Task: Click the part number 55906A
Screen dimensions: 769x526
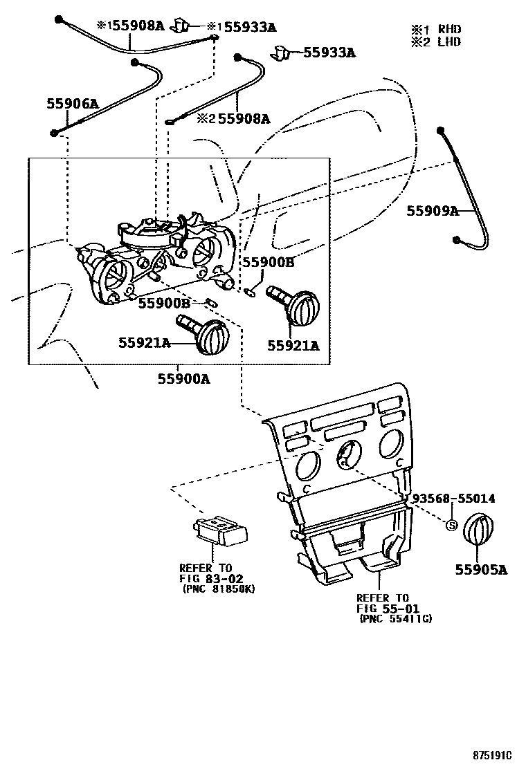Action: pos(73,104)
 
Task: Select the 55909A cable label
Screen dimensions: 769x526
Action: pos(433,210)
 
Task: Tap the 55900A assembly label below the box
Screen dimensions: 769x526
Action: pos(183,379)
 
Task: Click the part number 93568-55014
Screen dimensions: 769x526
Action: pos(453,498)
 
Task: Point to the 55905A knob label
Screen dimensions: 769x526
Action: pos(481,570)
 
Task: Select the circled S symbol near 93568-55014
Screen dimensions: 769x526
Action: pos(451,525)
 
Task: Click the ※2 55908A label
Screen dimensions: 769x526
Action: pos(233,119)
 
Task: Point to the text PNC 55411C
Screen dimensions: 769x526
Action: pos(395,619)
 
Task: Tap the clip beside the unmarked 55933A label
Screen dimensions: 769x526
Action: pos(282,52)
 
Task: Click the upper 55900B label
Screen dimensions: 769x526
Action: pos(269,262)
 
